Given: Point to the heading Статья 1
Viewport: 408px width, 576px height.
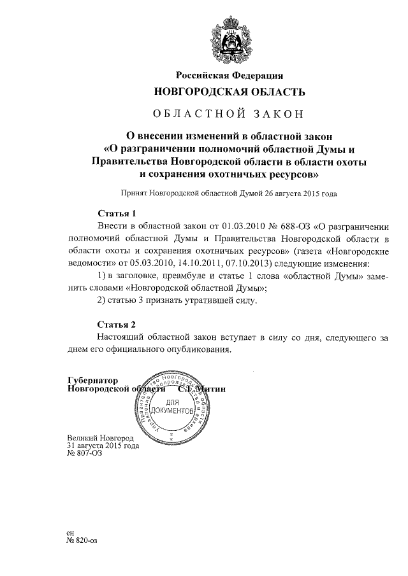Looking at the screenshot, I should [117, 213].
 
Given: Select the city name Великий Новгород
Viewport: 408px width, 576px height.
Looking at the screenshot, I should [100, 439].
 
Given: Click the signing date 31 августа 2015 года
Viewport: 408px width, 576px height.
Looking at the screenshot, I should [103, 446].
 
